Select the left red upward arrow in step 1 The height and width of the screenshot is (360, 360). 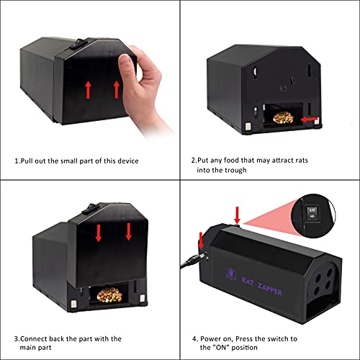pyautogui.click(x=89, y=89)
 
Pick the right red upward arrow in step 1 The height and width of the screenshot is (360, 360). pyautogui.click(x=115, y=89)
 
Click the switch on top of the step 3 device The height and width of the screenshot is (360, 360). pyautogui.click(x=91, y=210)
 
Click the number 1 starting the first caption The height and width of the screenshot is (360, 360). pyautogui.click(x=17, y=161)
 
